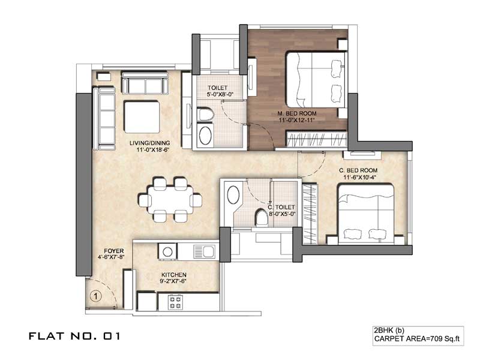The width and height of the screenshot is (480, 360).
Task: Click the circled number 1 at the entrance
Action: pyautogui.click(x=96, y=296)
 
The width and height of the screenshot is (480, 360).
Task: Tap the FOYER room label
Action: pyautogui.click(x=113, y=251)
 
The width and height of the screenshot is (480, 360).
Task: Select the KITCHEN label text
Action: pyautogui.click(x=173, y=275)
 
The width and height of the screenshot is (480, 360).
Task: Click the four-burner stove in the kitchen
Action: pyautogui.click(x=176, y=302)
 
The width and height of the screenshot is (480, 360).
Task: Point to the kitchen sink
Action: pyautogui.click(x=204, y=251)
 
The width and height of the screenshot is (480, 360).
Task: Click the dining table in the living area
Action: pyautogui.click(x=170, y=199)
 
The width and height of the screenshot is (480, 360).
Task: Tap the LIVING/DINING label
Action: pyautogui.click(x=149, y=143)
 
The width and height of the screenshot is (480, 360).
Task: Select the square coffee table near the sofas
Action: pyautogui.click(x=142, y=116)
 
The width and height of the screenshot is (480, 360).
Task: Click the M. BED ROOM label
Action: pyautogui.click(x=296, y=113)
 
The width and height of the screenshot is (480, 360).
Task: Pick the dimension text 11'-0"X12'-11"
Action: pyautogui.click(x=296, y=120)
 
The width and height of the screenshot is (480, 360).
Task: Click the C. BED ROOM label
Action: pyautogui.click(x=358, y=170)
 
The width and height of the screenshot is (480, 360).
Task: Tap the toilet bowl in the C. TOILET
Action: pyautogui.click(x=261, y=217)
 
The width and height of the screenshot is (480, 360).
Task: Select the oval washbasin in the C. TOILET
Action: pyautogui.click(x=233, y=194)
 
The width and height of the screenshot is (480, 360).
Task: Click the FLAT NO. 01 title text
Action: pyautogui.click(x=74, y=336)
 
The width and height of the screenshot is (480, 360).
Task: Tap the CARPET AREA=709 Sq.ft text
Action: pyautogui.click(x=417, y=338)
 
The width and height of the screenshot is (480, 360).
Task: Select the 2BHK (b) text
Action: pyautogui.click(x=389, y=331)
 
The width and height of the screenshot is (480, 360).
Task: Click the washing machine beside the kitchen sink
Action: pyautogui.click(x=167, y=251)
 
